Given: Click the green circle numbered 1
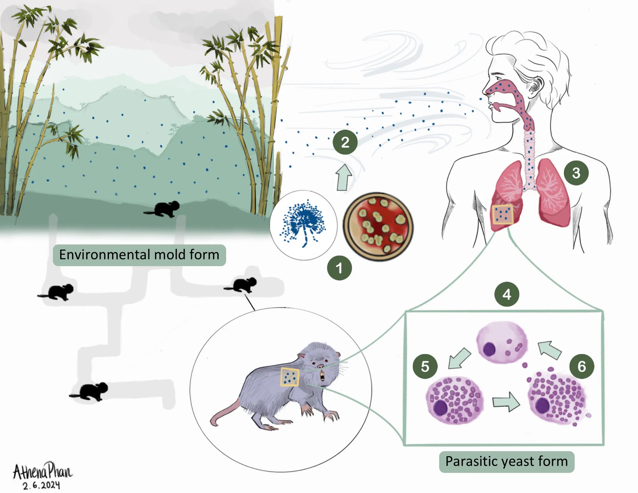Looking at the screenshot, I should coord(339,268).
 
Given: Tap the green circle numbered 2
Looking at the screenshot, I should coord(345,142).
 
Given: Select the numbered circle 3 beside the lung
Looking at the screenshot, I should coord(576,173).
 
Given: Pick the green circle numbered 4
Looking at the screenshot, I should coord(507,294).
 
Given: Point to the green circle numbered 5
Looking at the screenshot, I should coord(425,366).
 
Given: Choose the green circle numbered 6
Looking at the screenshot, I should coord(582,366).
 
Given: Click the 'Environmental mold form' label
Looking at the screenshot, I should coord(139,255).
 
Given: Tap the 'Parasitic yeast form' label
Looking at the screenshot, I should coord(507,462).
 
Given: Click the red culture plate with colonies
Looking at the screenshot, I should coord(378,227).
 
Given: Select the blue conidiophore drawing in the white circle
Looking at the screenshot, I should coord(303,223).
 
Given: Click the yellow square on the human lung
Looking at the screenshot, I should coord(502,214).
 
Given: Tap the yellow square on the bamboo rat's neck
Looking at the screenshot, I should coord(290,377).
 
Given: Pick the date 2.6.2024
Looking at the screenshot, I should coord(41,485).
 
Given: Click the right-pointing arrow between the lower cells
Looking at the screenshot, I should coord(506,402).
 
